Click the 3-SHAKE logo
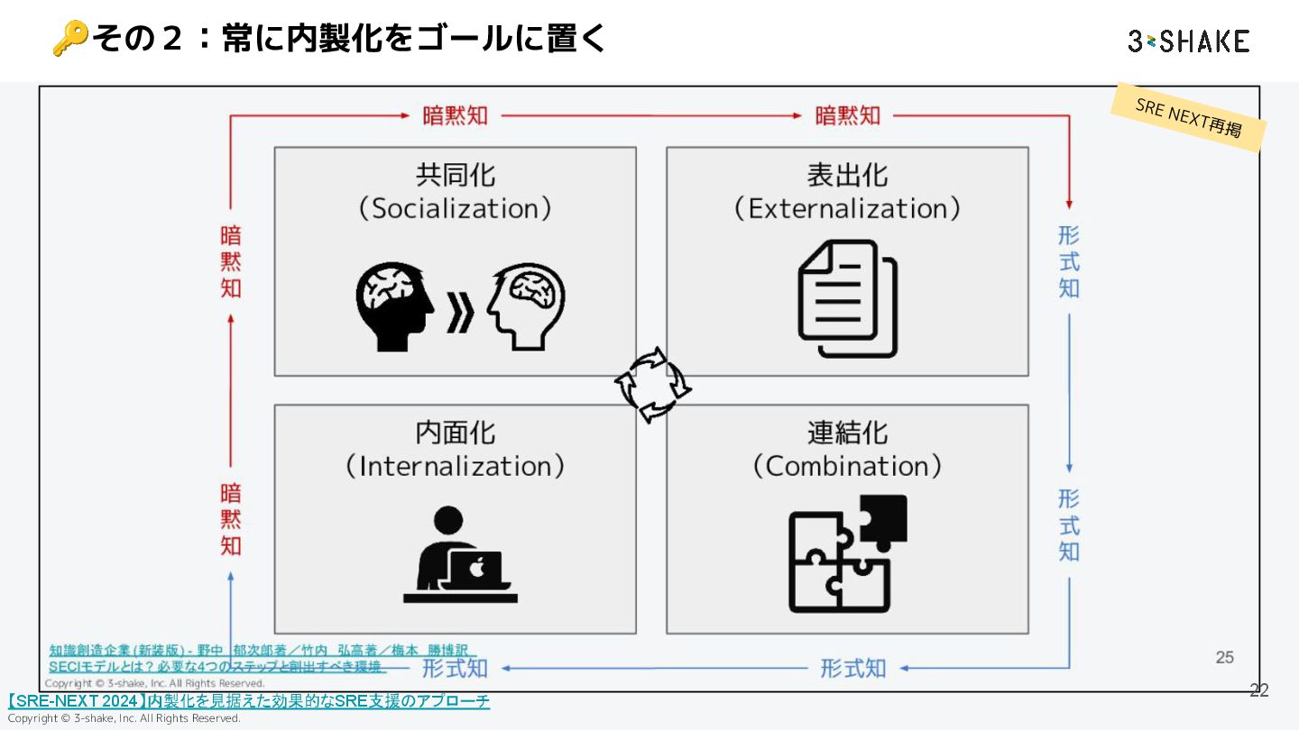[1188, 41]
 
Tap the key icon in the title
[69, 39]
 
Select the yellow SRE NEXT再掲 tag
[1188, 117]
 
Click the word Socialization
[456, 209]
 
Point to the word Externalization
[847, 209]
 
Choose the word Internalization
[456, 467]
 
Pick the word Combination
[847, 467]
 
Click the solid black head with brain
[392, 306]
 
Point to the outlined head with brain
[528, 306]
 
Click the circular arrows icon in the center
[652, 385]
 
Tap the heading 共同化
[456, 174]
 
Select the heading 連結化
[847, 433]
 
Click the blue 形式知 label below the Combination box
[852, 669]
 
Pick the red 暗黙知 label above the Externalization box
[847, 115]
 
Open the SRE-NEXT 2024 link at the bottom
[249, 701]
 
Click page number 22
[1258, 691]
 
